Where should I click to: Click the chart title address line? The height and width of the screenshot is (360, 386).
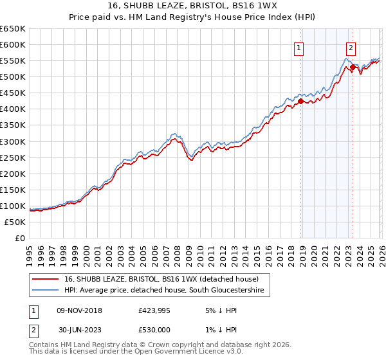[x=192, y=6]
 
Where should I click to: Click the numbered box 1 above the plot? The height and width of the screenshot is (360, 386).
[x=300, y=47]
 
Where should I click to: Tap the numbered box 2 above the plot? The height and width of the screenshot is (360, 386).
[x=351, y=47]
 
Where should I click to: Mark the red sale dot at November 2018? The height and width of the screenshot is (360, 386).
[x=300, y=100]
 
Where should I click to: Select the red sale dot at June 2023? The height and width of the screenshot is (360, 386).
[x=353, y=66]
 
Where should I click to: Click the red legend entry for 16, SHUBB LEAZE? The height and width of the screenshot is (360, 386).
[x=161, y=279]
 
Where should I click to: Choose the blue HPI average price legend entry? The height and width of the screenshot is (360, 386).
[x=164, y=291]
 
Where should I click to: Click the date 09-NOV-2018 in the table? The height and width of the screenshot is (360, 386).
[x=80, y=310]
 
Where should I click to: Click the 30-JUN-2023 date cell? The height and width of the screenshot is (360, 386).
[x=80, y=330]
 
